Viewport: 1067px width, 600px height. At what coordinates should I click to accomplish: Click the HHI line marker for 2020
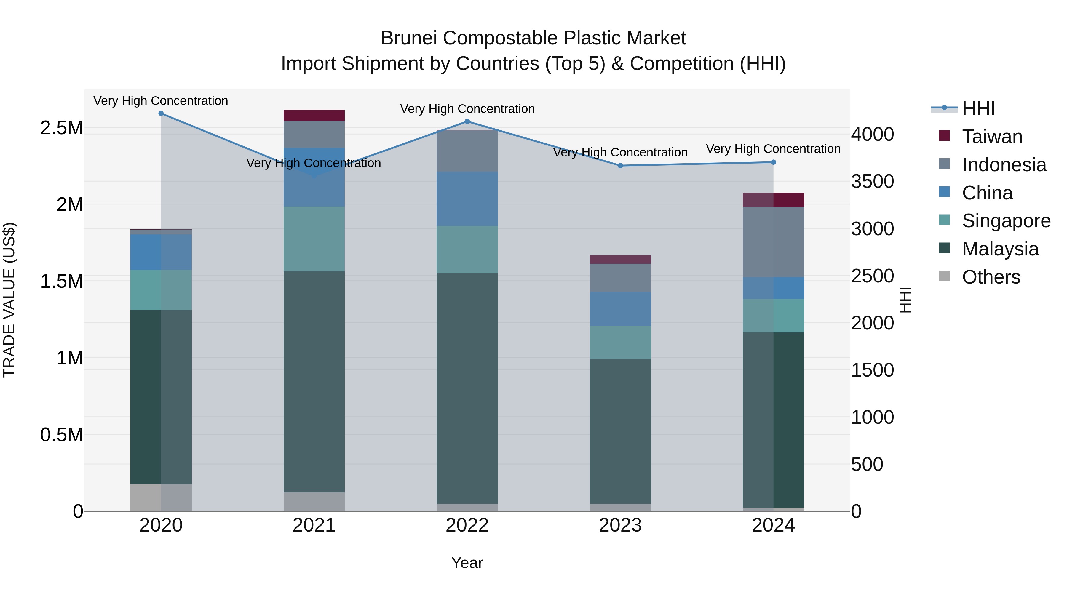tap(161, 113)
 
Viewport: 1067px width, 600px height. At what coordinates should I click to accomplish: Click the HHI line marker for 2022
tap(467, 121)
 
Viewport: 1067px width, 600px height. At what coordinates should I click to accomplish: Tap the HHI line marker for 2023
tap(620, 166)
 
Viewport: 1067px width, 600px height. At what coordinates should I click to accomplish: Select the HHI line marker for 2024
tap(773, 162)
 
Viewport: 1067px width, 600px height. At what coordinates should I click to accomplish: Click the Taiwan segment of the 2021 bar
tap(314, 116)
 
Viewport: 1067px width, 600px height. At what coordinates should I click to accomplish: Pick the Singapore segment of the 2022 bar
tap(467, 249)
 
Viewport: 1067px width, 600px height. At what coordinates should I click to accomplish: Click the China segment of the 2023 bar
tap(620, 309)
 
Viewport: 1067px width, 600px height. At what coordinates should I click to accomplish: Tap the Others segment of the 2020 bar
tap(161, 497)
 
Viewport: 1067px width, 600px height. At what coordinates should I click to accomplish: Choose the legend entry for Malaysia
tap(1000, 249)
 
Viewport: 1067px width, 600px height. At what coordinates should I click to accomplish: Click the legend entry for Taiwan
tap(992, 137)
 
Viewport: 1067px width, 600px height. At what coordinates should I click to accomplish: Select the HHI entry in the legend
tap(978, 108)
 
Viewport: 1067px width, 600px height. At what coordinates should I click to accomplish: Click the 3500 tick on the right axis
tap(872, 181)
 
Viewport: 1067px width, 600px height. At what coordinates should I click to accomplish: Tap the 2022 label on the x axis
tap(467, 525)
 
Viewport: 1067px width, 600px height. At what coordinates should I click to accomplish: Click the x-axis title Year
tap(467, 563)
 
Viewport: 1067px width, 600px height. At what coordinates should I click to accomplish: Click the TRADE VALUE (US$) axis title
tap(9, 300)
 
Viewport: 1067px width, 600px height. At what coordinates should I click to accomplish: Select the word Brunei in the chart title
tap(408, 38)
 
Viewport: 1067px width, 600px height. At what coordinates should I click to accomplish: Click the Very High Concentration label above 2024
tap(773, 149)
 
